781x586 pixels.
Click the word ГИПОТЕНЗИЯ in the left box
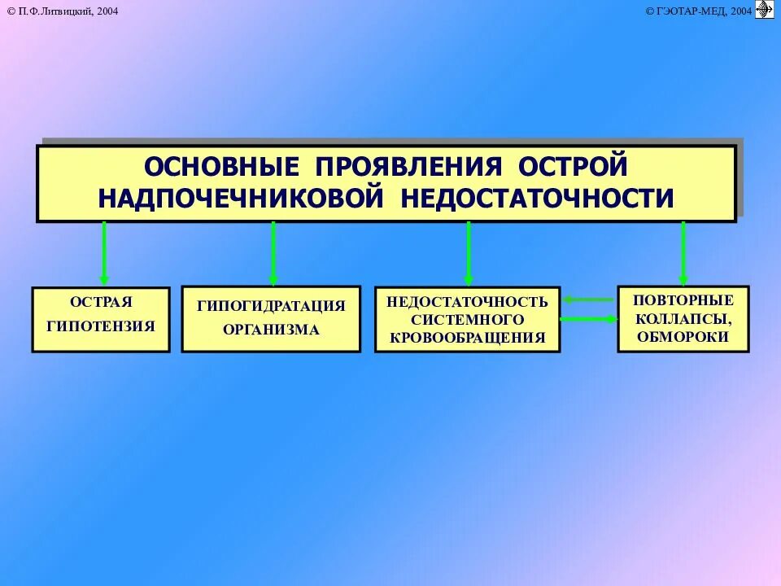click(x=101, y=326)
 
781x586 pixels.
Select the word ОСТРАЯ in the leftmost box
click(x=101, y=302)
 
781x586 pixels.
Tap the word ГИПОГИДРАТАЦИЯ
click(x=271, y=306)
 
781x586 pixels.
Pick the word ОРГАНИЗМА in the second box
click(x=271, y=330)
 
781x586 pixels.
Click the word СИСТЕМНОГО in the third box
click(x=467, y=319)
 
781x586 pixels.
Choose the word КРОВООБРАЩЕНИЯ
click(x=467, y=337)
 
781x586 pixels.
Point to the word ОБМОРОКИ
click(x=683, y=336)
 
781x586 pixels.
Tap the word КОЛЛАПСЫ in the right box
click(x=683, y=318)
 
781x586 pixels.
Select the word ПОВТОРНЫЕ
click(x=683, y=300)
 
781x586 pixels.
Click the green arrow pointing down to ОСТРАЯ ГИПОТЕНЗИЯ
click(x=104, y=252)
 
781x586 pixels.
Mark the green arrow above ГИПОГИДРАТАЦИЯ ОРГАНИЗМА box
click(x=273, y=252)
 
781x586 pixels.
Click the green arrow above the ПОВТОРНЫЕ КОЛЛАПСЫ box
click(x=683, y=252)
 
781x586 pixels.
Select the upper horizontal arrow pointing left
click(x=588, y=300)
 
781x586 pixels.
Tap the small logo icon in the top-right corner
click(x=765, y=9)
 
